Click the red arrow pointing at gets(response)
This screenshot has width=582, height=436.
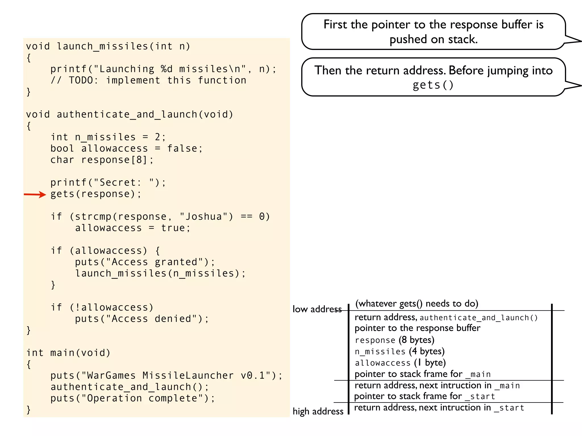click(x=35, y=194)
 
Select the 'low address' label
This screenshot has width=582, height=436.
click(x=317, y=309)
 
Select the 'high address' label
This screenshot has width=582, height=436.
click(x=318, y=411)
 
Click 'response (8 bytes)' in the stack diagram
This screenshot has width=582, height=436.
click(x=394, y=340)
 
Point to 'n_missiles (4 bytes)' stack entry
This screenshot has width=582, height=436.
click(x=399, y=351)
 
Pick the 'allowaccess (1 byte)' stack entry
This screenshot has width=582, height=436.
click(x=400, y=363)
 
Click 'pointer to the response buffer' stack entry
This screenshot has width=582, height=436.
click(x=417, y=328)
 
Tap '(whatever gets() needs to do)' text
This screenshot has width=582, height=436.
click(x=417, y=304)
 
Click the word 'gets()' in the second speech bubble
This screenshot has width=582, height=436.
click(x=433, y=85)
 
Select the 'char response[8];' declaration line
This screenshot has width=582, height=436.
click(x=102, y=160)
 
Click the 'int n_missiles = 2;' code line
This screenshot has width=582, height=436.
click(x=108, y=137)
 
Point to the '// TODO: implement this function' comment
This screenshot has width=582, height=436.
click(x=148, y=80)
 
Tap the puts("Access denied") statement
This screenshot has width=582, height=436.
click(x=142, y=319)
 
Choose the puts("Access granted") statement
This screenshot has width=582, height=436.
click(x=145, y=262)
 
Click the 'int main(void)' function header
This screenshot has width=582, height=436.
click(x=68, y=353)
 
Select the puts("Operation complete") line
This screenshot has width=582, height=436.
click(x=133, y=398)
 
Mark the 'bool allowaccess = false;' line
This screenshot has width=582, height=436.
click(x=126, y=148)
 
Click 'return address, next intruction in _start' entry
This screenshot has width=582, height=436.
click(x=439, y=408)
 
